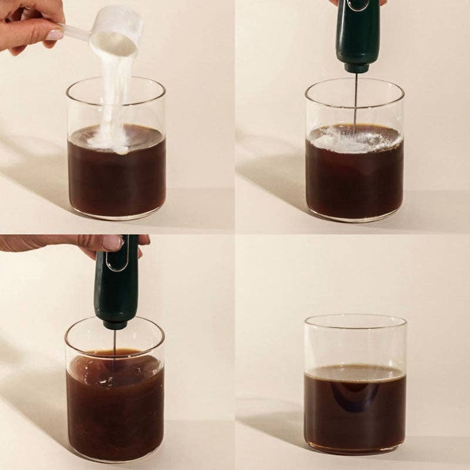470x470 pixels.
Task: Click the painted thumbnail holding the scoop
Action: [x=55, y=34]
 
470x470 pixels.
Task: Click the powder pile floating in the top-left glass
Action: [x=109, y=141]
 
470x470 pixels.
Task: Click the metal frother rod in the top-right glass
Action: [x=355, y=100]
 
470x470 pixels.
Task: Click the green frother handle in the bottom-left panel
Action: [x=117, y=282]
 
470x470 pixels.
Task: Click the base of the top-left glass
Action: [x=116, y=214]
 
